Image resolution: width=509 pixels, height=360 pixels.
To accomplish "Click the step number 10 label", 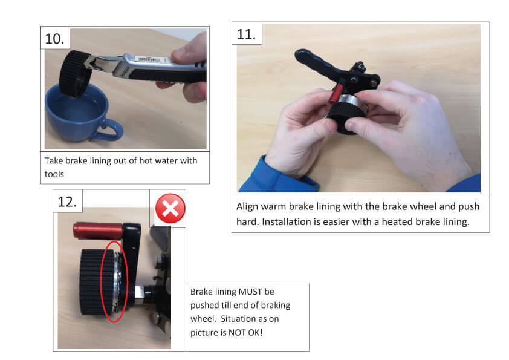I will (x=55, y=39).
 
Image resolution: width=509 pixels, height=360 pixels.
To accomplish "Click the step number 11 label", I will (x=247, y=34).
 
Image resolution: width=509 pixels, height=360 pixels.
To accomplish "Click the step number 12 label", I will (x=67, y=201).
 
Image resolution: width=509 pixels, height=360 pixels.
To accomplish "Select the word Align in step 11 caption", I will (x=248, y=206).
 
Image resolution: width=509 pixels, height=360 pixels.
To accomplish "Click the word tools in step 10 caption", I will (x=56, y=174).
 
